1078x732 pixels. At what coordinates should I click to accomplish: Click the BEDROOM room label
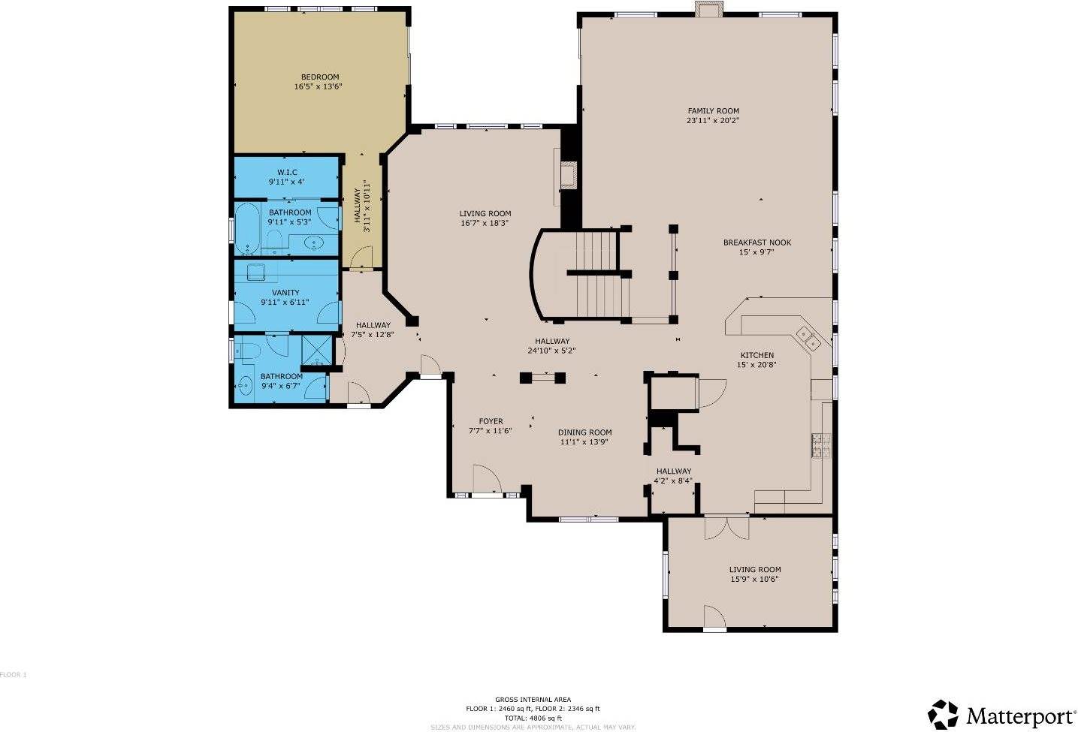tap(320, 77)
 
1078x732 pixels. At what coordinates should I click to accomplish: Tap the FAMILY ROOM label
tap(712, 110)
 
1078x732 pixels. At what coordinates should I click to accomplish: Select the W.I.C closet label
tap(286, 172)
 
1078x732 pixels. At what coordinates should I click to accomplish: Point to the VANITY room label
tap(285, 293)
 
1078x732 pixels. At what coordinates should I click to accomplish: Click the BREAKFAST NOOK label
tap(756, 242)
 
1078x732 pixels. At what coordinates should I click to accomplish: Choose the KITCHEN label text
tap(756, 355)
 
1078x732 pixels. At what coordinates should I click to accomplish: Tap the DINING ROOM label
tap(584, 432)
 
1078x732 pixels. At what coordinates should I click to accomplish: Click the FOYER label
tap(491, 421)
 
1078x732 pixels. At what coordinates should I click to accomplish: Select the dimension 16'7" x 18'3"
tap(485, 223)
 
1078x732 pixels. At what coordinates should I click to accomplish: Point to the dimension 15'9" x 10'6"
tap(754, 579)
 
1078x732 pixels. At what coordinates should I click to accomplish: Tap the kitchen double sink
tap(808, 338)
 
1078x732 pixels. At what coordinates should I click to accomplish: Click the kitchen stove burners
tap(820, 445)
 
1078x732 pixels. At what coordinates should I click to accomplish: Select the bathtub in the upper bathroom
tap(246, 229)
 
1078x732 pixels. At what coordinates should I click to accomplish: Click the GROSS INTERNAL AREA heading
tap(532, 699)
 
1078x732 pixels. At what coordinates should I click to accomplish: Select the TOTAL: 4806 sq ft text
tap(532, 718)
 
